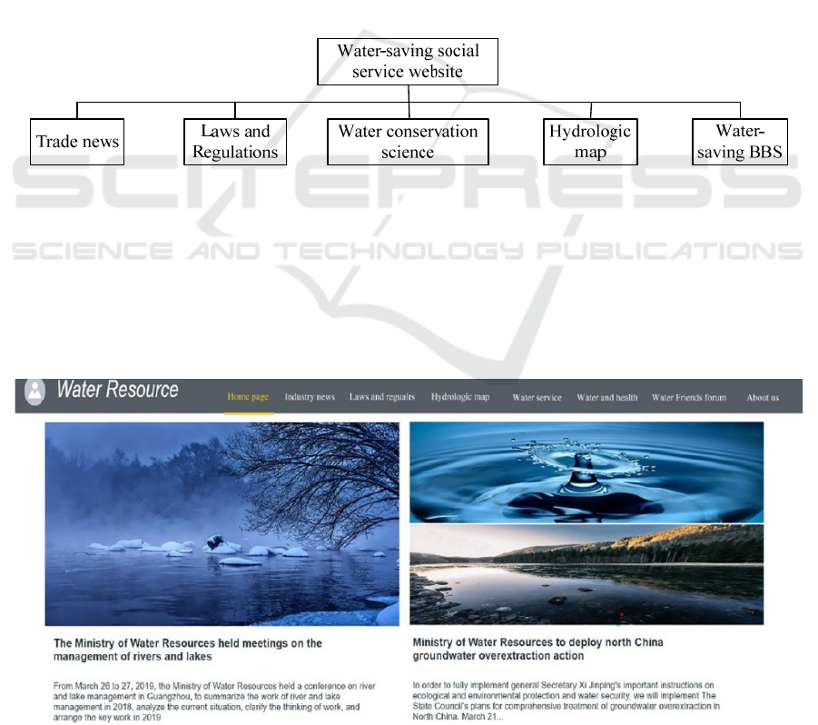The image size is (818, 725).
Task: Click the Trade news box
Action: click(77, 142)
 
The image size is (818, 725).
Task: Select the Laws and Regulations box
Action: click(235, 142)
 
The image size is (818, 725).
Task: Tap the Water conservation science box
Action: click(408, 142)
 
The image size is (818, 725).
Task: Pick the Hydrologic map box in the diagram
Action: click(590, 142)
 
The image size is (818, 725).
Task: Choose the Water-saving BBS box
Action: click(740, 142)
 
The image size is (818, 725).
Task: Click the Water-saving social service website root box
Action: click(408, 62)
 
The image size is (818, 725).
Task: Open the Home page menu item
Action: click(248, 397)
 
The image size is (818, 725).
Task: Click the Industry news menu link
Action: click(310, 397)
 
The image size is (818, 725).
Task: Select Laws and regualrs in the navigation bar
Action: click(382, 397)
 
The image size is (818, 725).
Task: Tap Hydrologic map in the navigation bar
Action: click(460, 397)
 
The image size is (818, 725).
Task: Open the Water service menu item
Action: click(537, 398)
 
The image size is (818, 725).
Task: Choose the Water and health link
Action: click(607, 398)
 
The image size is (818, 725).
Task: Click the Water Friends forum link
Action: click(688, 398)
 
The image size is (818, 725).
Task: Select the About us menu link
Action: click(763, 398)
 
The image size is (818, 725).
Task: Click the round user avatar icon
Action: click(34, 391)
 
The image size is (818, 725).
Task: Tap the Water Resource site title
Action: click(117, 390)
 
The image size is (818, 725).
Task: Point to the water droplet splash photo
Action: click(586, 472)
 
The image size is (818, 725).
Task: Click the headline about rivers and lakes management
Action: click(188, 650)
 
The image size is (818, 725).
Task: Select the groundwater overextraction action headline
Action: click(537, 649)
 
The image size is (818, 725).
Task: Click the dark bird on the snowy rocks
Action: click(215, 541)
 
